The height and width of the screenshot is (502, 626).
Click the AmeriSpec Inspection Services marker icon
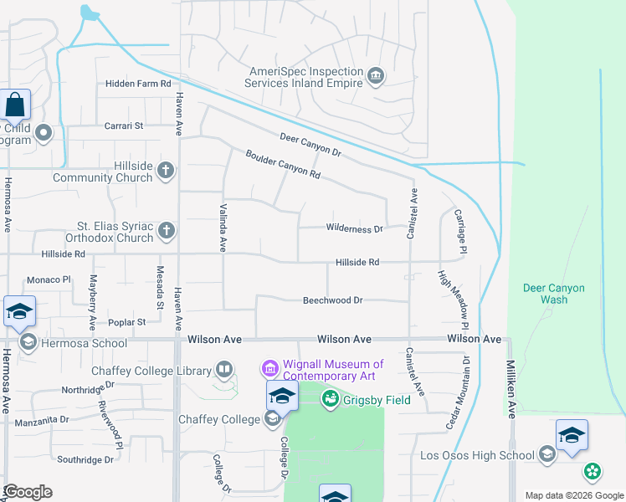[x=376, y=77]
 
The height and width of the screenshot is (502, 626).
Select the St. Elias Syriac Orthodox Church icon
[x=166, y=230]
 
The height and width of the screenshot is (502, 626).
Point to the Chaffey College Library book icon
[x=224, y=368]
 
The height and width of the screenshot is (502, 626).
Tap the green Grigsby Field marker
[x=331, y=400]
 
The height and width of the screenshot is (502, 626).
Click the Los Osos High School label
[x=477, y=455]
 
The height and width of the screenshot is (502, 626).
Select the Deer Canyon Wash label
[x=553, y=294]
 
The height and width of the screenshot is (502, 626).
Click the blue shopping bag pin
[x=15, y=106]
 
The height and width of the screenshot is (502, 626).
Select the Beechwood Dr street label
[x=332, y=300]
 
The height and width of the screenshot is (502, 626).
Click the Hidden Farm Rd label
[x=138, y=84]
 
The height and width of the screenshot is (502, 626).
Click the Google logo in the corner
[x=28, y=491]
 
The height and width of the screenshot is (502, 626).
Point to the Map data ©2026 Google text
[x=573, y=495]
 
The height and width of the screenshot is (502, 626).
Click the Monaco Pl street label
[x=48, y=279]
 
